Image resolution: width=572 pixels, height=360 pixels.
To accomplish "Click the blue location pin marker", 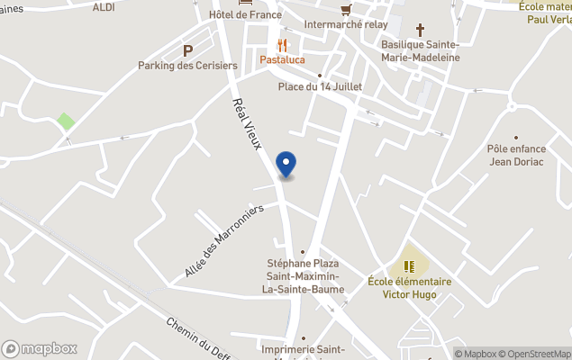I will [286, 164].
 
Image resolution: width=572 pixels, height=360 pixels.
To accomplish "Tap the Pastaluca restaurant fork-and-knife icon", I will [282, 45].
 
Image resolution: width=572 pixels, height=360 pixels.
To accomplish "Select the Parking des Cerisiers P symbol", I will [187, 51].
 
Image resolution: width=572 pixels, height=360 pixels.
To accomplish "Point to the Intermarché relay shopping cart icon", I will [346, 10].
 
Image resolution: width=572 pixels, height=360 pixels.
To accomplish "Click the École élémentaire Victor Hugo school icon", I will [409, 265].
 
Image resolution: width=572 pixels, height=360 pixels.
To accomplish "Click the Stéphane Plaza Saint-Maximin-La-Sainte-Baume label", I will [302, 275].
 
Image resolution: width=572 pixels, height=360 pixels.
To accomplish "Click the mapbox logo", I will [40, 348].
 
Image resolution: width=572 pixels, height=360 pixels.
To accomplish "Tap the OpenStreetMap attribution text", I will [537, 354].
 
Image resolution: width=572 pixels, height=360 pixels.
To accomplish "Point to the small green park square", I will [66, 121].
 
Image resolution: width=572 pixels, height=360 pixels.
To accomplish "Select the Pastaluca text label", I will [282, 60].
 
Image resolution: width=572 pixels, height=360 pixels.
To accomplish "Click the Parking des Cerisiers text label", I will [187, 66].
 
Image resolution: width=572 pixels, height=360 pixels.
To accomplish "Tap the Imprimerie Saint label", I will [302, 349].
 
